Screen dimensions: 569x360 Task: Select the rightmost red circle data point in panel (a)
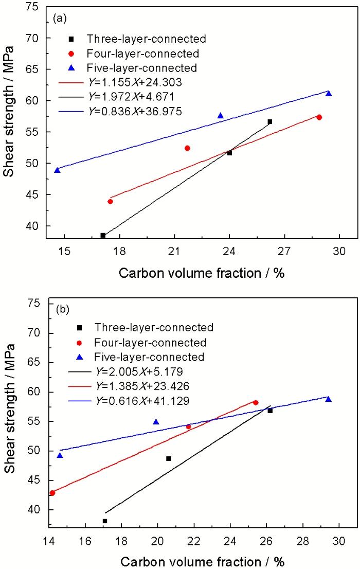click(319, 117)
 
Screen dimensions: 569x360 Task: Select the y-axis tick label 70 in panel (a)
click(35, 38)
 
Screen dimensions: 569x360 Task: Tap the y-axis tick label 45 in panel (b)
click(35, 481)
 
